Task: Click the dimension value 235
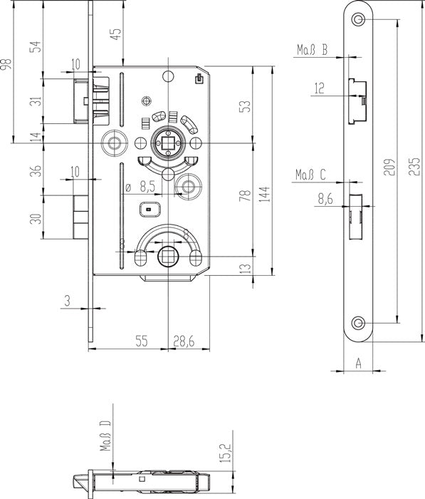(414, 166)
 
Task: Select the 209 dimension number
(389, 167)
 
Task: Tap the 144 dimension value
(264, 194)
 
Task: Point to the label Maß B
(312, 50)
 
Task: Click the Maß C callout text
(311, 175)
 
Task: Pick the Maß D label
(105, 436)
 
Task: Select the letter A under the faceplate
(358, 363)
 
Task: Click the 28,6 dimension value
(184, 341)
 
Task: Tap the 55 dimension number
(142, 341)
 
